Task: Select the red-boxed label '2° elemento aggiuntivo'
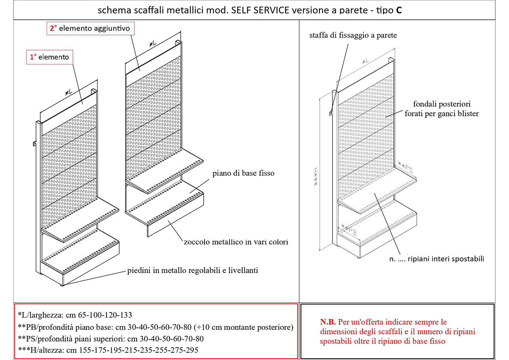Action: (x=91, y=28)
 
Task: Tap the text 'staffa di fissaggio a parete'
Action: (x=353, y=36)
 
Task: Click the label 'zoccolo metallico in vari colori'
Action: (x=236, y=242)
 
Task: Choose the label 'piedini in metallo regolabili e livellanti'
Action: (x=193, y=270)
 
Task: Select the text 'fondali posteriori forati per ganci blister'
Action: (x=445, y=109)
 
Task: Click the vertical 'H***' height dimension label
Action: (x=315, y=176)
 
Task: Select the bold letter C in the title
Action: (x=399, y=10)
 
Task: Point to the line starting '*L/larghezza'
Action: (x=75, y=315)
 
